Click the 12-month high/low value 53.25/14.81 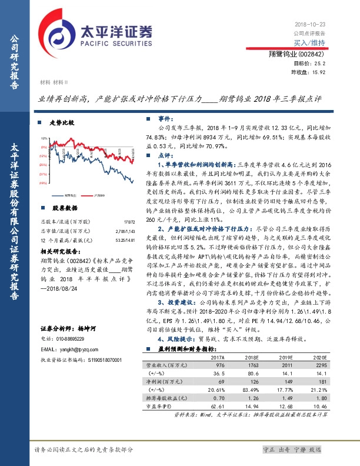[122, 240]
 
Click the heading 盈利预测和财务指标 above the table [185, 349]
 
